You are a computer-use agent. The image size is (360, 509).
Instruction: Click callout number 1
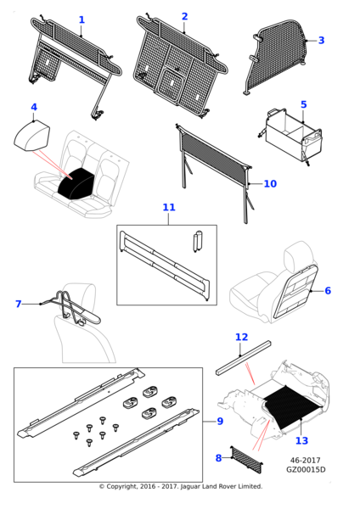point(82,20)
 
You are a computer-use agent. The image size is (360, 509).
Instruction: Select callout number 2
point(184,17)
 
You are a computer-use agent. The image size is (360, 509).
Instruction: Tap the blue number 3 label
point(321,40)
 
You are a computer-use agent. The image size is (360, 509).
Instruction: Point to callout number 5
point(303,104)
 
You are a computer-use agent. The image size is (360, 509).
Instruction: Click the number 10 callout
point(270,184)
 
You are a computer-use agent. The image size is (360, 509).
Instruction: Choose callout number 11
point(169,207)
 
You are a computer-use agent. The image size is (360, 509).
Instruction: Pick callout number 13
point(301,440)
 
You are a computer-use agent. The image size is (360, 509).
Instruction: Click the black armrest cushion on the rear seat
point(76,182)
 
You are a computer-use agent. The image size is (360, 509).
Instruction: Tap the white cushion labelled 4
point(32,136)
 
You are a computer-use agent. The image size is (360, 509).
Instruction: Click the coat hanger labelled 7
point(70,307)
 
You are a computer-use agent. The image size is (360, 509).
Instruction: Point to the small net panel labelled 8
point(247,460)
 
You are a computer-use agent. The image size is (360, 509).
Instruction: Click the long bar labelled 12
point(243,358)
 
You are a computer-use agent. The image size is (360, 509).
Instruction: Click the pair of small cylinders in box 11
point(197,242)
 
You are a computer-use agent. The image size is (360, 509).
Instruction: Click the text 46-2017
point(305,461)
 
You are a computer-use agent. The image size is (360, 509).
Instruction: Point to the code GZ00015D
point(306,469)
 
